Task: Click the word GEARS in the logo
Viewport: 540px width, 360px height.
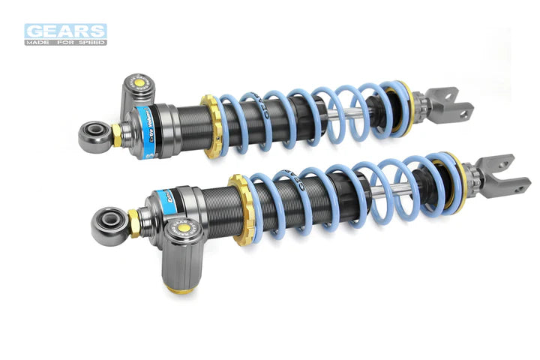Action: coord(65,31)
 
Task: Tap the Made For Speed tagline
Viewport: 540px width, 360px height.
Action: coord(65,42)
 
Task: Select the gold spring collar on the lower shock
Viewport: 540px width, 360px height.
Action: coord(241,208)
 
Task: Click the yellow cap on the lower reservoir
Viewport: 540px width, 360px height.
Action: coord(182,227)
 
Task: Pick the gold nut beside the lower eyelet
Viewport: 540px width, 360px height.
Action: coord(133,222)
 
